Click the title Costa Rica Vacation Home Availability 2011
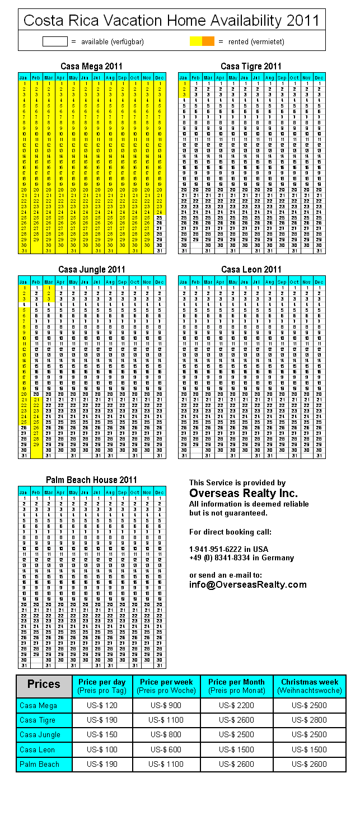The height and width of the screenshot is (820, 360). (171, 21)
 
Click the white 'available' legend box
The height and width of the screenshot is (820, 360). (55, 41)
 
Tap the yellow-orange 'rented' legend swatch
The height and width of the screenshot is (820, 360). (202, 41)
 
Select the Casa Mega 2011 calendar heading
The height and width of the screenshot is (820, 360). (91, 67)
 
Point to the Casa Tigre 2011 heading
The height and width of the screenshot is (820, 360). (251, 67)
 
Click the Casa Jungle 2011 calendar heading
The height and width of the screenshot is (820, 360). (91, 270)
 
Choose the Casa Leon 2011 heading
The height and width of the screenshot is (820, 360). (251, 270)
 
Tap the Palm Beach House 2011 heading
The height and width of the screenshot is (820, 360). (91, 480)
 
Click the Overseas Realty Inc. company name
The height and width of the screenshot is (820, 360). (244, 493)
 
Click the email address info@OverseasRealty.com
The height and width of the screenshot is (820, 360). (248, 584)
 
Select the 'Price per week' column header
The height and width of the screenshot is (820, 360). (166, 686)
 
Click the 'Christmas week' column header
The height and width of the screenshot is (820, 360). (310, 686)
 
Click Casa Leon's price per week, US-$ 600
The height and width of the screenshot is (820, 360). (166, 749)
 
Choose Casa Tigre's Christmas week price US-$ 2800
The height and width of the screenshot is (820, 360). (310, 720)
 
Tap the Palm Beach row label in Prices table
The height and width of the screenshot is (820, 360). (44, 764)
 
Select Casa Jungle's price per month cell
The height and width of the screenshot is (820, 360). (236, 734)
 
